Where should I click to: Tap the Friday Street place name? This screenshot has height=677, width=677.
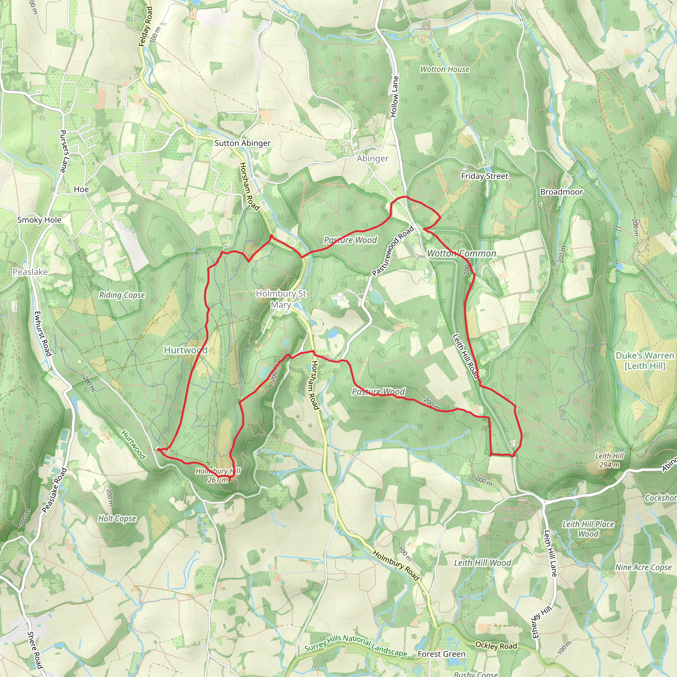[484, 176]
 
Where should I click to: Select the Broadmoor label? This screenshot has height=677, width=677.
[561, 192]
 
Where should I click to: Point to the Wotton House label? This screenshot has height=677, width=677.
[445, 69]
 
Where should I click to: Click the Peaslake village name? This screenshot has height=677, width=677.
[30, 272]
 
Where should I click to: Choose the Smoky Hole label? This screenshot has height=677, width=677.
[39, 220]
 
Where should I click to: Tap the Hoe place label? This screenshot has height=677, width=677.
[81, 189]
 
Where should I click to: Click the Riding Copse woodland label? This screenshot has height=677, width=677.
[122, 295]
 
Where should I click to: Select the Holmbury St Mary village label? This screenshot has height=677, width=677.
[281, 299]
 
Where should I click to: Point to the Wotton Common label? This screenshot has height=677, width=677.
[461, 253]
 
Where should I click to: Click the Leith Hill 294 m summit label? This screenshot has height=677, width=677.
[609, 460]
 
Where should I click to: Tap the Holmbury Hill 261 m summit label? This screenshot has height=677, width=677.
[218, 475]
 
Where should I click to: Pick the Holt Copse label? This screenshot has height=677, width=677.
[117, 518]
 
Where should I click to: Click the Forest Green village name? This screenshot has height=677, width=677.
[442, 654]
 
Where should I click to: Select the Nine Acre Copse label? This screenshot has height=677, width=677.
[643, 567]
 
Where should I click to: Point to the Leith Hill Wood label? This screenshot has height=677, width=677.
[483, 563]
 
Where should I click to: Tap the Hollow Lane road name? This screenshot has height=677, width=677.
[395, 97]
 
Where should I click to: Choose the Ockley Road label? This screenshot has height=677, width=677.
[496, 646]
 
